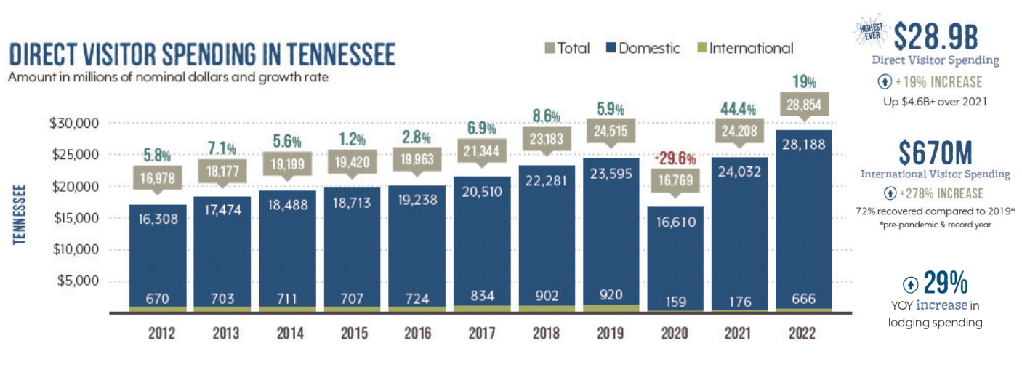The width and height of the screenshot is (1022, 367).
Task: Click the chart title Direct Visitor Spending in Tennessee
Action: pos(201,55)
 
